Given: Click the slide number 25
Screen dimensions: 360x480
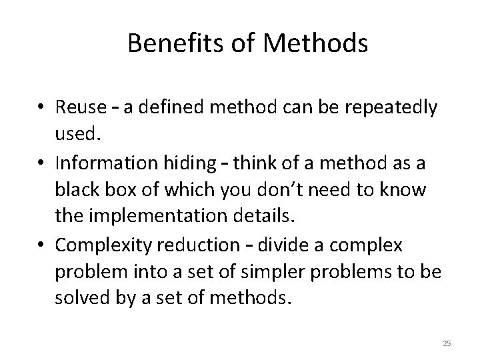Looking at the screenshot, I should (x=447, y=343).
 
